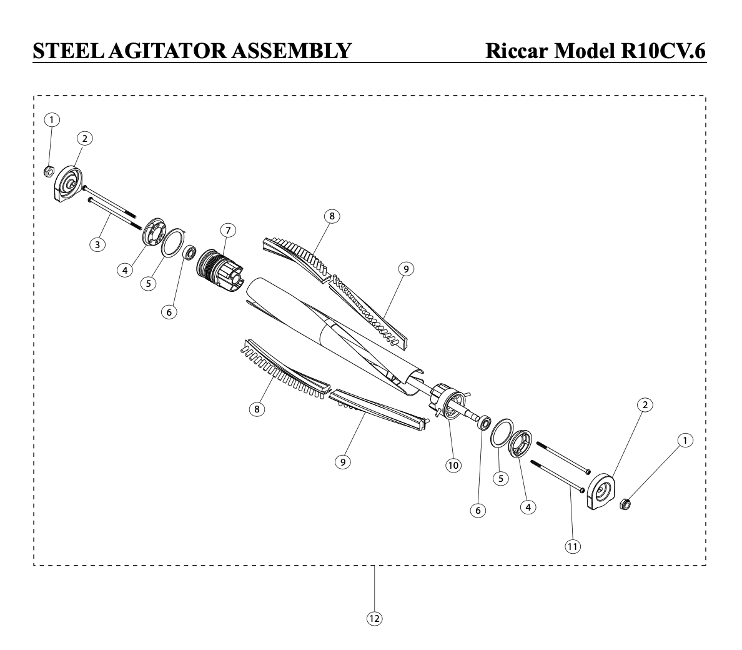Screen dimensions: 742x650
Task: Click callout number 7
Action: [x=228, y=231]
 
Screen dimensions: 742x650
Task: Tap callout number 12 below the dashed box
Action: [x=374, y=618]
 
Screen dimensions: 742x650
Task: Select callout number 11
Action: [x=573, y=547]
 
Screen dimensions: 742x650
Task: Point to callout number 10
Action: [x=453, y=466]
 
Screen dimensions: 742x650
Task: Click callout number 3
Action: [x=97, y=245]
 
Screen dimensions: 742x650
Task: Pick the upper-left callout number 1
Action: [x=52, y=120]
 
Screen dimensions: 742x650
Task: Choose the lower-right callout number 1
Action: [x=685, y=441]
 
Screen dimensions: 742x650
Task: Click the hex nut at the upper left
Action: [x=48, y=171]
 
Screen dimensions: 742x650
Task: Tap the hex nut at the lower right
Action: [x=625, y=504]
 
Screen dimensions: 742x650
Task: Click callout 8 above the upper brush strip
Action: [x=332, y=216]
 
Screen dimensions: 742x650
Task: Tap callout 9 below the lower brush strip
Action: [x=343, y=462]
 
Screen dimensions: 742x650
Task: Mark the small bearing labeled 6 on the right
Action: [x=483, y=422]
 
